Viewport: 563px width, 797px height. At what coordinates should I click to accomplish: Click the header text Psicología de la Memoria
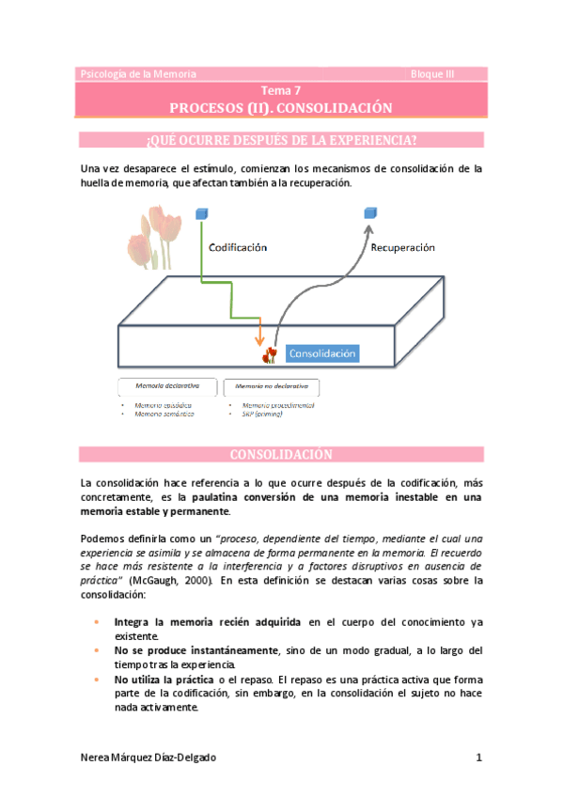tap(124, 73)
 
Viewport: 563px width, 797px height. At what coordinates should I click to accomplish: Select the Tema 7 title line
tap(281, 91)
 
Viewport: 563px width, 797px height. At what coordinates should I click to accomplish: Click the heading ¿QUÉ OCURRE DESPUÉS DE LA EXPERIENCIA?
tap(281, 141)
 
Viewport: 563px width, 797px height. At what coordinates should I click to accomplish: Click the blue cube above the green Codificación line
tap(201, 215)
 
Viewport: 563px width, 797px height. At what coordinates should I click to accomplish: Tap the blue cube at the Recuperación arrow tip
tap(370, 215)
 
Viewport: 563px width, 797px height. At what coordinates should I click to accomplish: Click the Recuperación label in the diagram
tap(402, 248)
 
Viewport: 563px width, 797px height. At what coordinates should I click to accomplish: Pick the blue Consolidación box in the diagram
tap(322, 354)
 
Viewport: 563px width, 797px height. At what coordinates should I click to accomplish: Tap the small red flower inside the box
tap(271, 354)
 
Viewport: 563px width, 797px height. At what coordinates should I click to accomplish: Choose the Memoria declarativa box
tap(166, 386)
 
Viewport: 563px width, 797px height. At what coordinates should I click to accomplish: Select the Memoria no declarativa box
tap(270, 386)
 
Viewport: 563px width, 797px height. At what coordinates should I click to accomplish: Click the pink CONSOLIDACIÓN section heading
tap(281, 455)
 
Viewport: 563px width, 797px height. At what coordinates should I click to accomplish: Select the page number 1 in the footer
tap(478, 758)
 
